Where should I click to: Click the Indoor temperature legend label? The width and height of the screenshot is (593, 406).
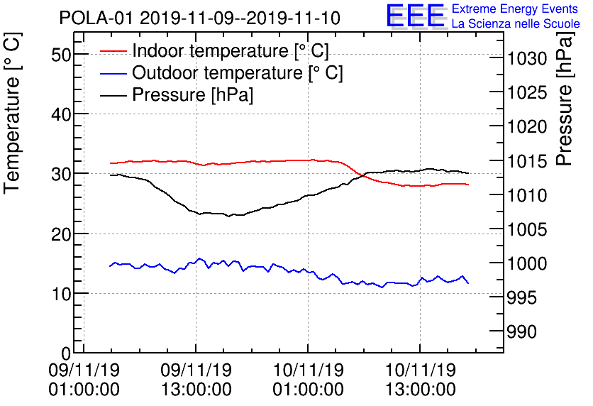[x=231, y=51]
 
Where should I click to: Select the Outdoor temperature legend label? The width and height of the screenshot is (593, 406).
[x=238, y=73]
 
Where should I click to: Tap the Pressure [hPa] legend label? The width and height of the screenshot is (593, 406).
[x=193, y=95]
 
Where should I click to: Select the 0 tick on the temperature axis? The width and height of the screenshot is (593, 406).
[x=65, y=353]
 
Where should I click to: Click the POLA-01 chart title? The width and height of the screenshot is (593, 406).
[x=199, y=18]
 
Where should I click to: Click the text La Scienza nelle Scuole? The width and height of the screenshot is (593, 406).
[x=516, y=23]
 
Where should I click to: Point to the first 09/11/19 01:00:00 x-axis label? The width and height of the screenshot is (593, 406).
[x=84, y=380]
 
